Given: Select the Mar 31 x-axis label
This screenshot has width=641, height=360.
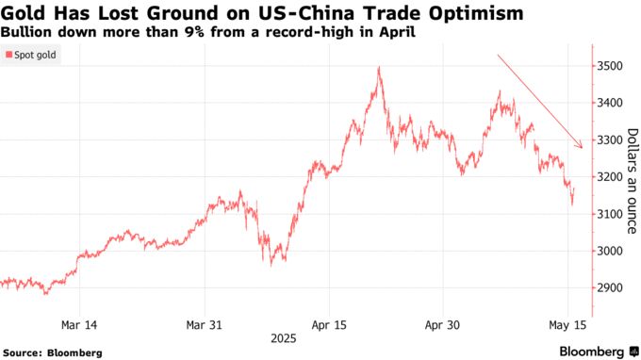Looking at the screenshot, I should coord(205,324).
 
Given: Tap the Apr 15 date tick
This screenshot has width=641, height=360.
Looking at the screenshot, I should coord(329,324).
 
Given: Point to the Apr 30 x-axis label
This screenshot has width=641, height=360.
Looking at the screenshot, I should coord(442,324).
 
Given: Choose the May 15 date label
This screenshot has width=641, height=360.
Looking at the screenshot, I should coord(567,324).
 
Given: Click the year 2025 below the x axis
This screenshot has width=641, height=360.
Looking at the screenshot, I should coord(283,336).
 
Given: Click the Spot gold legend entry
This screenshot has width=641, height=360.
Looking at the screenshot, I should coord(34,57).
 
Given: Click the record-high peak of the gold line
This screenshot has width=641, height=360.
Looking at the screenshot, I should coord(379,67).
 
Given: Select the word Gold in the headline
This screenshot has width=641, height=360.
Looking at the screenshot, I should coord(25,13).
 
